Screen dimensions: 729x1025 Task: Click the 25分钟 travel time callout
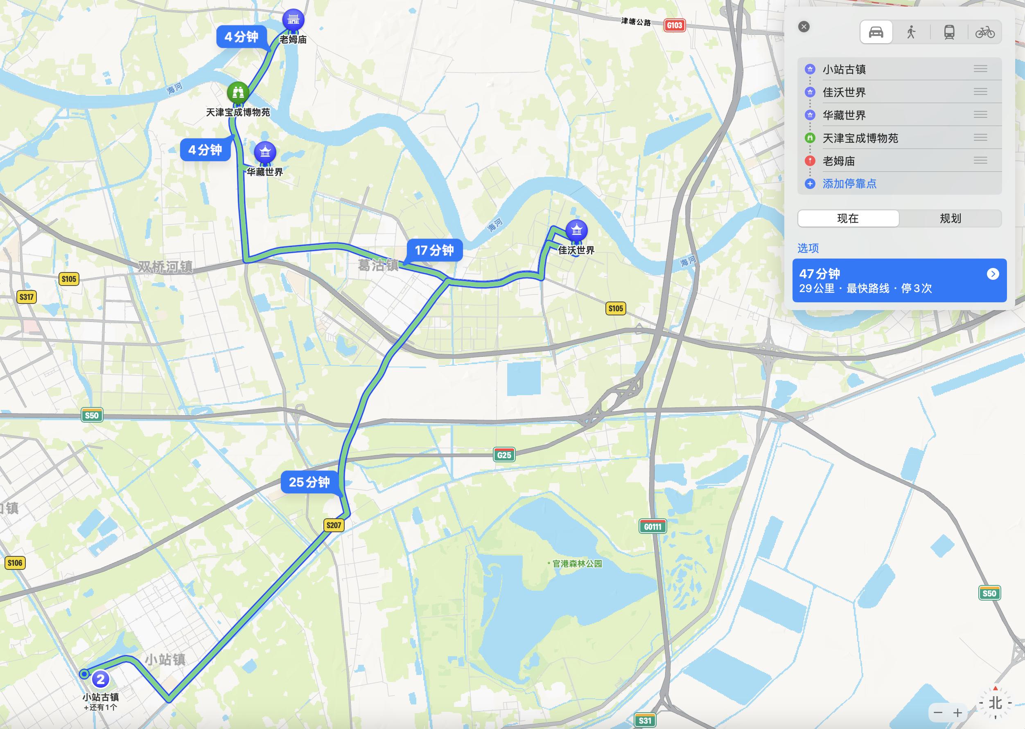click(309, 482)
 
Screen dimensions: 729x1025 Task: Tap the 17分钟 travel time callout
click(434, 250)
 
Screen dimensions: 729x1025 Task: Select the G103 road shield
click(674, 25)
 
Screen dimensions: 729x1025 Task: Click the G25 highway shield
click(504, 455)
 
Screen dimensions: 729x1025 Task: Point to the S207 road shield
click(334, 525)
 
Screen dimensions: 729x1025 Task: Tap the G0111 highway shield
click(652, 526)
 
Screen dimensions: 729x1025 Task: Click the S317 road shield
click(27, 297)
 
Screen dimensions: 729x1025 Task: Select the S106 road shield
click(15, 563)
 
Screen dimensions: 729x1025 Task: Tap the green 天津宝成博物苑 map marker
click(237, 92)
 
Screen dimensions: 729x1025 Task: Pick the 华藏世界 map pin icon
click(265, 152)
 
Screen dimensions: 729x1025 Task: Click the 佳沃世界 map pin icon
click(576, 230)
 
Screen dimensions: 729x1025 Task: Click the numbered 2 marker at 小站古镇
click(101, 679)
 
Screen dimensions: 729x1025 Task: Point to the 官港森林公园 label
click(577, 564)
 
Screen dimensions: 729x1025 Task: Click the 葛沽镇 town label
click(378, 266)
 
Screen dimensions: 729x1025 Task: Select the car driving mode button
click(876, 32)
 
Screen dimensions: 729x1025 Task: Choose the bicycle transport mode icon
click(984, 32)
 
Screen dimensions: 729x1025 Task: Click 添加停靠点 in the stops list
click(849, 184)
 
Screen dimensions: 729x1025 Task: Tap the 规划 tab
click(950, 218)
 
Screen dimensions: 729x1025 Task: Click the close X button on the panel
click(804, 27)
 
